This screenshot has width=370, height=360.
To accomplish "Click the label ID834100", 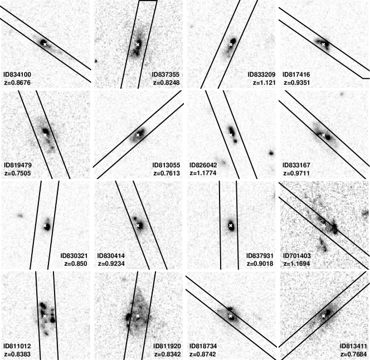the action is point(17,75).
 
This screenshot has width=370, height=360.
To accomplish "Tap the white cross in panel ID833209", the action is point(231,45).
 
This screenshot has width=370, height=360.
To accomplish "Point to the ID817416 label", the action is point(296,75).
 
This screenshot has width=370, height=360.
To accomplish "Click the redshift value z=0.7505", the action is point(18,173).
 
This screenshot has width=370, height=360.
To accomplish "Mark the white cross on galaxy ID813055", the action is point(138,135).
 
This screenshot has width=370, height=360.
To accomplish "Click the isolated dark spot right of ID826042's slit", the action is point(271,153).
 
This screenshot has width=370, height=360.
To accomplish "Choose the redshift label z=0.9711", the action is point(296,173).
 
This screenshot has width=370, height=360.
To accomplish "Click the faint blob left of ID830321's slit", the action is point(20,215).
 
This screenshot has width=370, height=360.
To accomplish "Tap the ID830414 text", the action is point(111,256).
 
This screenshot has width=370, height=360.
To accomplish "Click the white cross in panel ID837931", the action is point(231,226).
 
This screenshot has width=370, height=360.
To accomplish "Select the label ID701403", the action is point(296,256).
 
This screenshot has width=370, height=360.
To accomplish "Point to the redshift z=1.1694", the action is point(296,264).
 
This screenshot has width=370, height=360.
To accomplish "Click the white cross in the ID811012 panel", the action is point(45,316).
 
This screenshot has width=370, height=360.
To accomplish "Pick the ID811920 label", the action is point(167,346).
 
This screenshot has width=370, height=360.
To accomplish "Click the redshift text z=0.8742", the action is point(203,354).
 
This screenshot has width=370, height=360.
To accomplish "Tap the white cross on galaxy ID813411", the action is point(324,316).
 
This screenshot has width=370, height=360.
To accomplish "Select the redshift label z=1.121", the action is point(264,82).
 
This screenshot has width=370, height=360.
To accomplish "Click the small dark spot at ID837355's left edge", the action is point(96,61).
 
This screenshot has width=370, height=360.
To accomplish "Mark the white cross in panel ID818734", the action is point(231,316).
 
